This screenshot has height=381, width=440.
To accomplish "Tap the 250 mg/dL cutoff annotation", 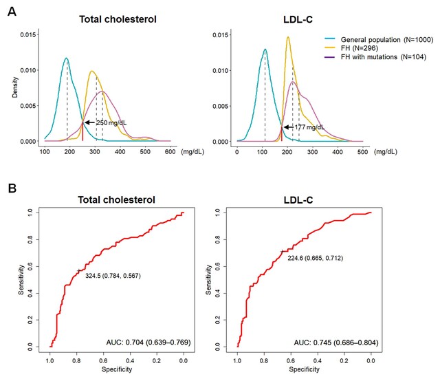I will [111, 122].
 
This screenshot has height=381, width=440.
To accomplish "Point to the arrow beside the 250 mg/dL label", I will [89, 122].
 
